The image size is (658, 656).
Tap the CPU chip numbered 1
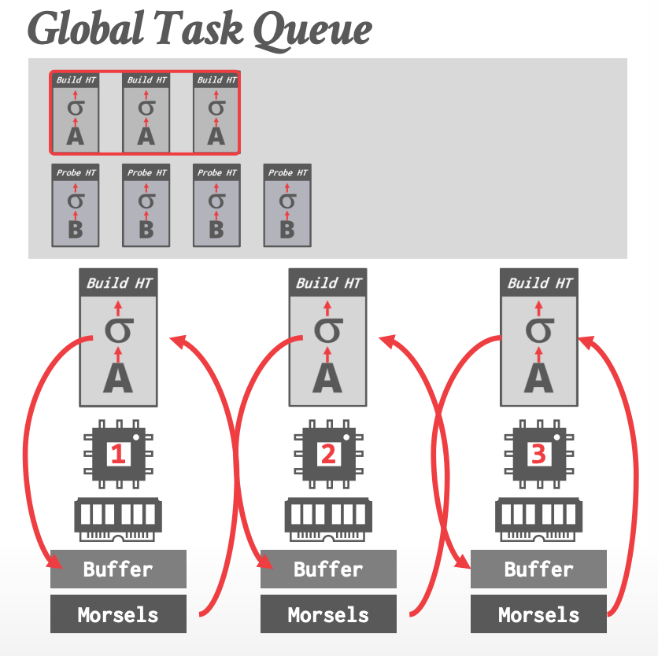click(118, 455)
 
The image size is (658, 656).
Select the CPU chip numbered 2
click(328, 455)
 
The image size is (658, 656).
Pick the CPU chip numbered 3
click(538, 455)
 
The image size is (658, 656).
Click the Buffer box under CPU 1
click(118, 569)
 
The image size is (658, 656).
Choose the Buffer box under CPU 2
click(328, 569)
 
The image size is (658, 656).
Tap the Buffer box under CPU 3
click(538, 569)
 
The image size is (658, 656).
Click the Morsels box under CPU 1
click(118, 614)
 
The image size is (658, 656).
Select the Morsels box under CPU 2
click(328, 614)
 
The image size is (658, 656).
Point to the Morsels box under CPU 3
click(538, 614)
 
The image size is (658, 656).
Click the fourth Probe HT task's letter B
click(287, 229)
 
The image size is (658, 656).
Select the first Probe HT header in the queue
click(76, 172)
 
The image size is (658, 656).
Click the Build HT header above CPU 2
click(328, 282)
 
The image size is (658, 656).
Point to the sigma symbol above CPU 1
click(118, 329)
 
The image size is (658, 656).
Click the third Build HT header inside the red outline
click(216, 79)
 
